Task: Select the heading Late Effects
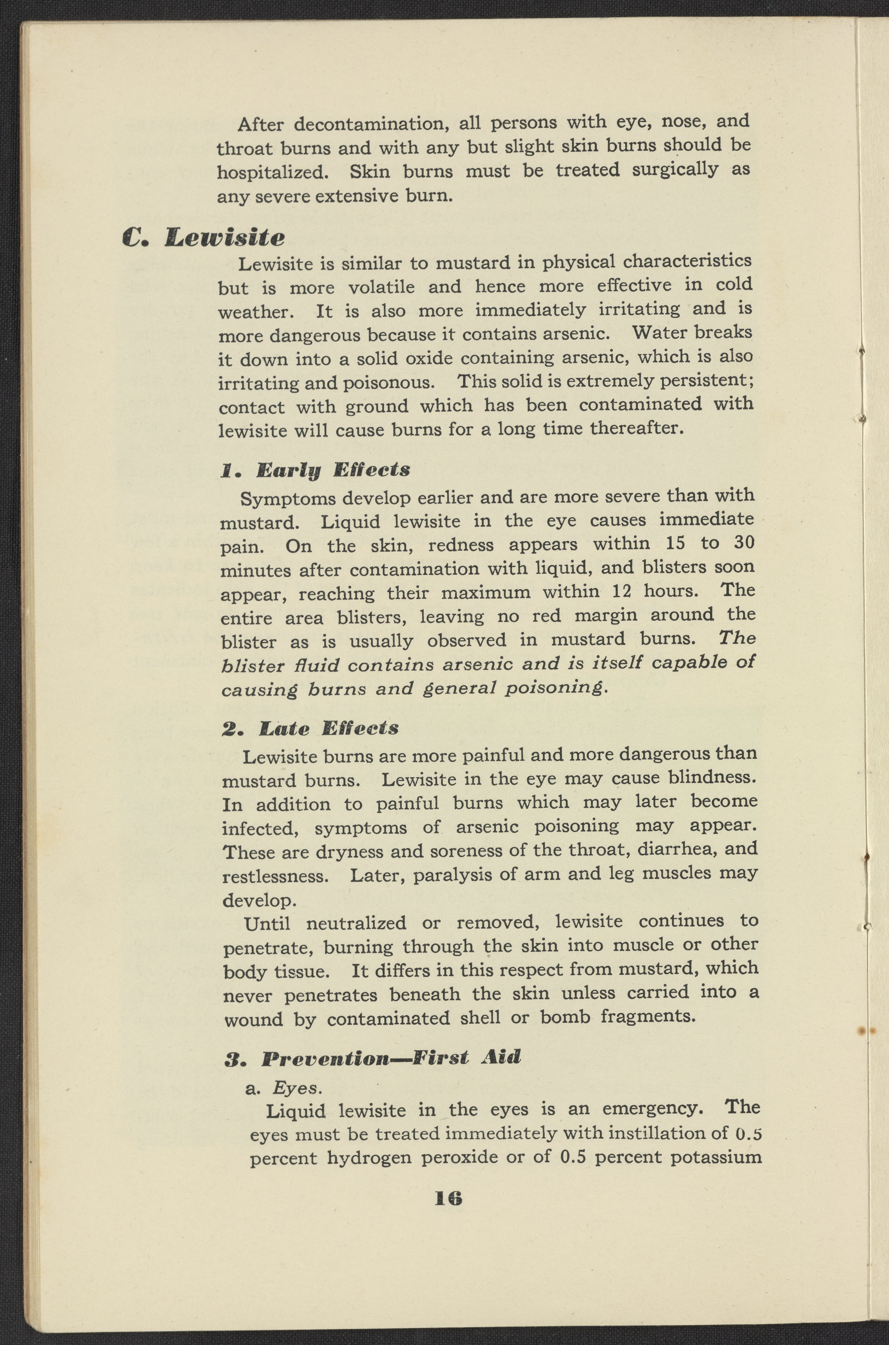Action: [x=329, y=729]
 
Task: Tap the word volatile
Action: [x=381, y=287]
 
